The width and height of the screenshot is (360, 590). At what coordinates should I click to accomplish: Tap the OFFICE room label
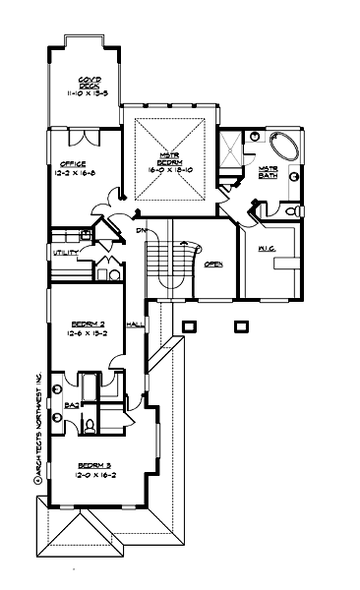click(x=72, y=164)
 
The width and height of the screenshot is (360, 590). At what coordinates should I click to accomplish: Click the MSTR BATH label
click(x=269, y=173)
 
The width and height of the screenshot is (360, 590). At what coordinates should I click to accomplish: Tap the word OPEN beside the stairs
click(x=213, y=265)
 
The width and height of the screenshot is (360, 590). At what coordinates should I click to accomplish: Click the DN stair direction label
click(x=142, y=229)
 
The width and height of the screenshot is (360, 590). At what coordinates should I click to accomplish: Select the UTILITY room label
click(x=66, y=254)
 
